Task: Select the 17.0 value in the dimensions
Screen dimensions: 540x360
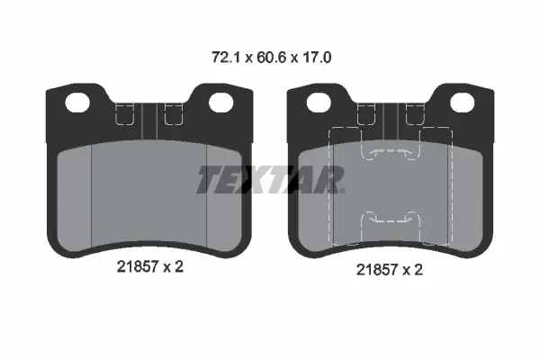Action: (317, 58)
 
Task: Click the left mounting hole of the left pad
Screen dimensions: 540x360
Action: (77, 103)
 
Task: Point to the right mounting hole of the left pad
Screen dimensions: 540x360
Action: (221, 103)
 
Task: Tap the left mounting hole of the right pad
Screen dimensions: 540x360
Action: (319, 103)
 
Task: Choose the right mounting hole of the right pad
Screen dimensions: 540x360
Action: (463, 103)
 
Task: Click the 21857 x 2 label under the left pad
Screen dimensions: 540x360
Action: (150, 267)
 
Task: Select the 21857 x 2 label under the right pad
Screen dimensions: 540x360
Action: (390, 270)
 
